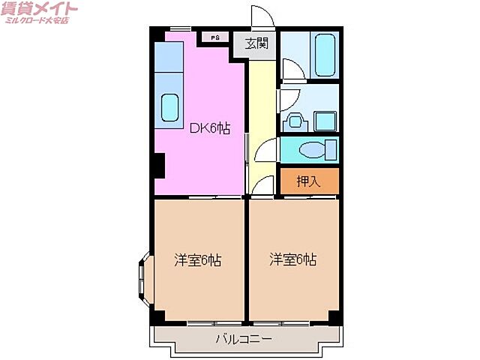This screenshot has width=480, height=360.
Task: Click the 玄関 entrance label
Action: coord(256,44)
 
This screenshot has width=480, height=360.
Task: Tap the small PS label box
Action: coord(214,37)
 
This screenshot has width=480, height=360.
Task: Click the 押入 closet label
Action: coord(308,181)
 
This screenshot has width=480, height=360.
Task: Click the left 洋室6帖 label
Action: coord(198,260)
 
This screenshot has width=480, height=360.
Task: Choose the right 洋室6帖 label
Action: coord(293,260)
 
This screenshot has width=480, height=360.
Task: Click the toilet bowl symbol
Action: coord(314,150)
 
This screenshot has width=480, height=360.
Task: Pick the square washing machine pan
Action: coord(325,119)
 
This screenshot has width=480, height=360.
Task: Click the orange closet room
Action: coord(309,181)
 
